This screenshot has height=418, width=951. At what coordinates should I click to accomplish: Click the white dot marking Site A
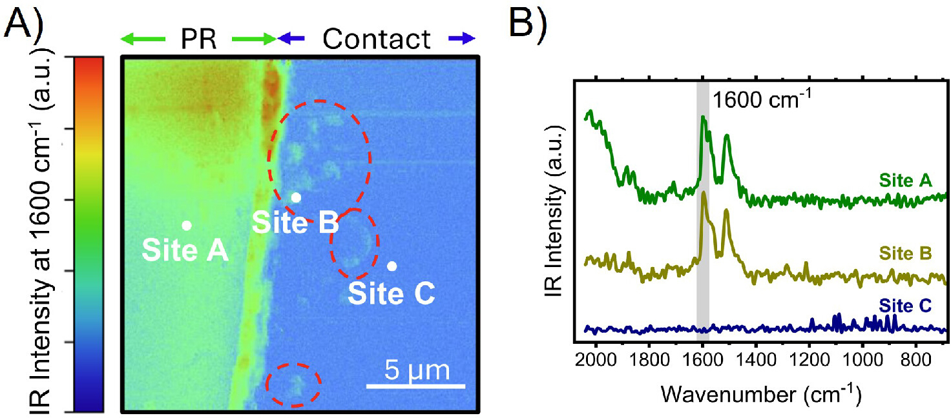click(186, 226)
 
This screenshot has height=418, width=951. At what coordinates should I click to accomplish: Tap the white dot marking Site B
click(296, 197)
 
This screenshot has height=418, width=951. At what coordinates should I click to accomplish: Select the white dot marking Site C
click(392, 266)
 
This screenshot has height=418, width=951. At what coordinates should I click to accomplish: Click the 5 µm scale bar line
click(415, 386)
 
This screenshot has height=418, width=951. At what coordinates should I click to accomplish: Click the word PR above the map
click(198, 39)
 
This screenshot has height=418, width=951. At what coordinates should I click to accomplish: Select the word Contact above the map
click(376, 39)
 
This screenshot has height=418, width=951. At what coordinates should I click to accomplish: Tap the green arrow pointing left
click(143, 39)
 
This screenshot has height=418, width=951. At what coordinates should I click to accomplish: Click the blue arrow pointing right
click(462, 39)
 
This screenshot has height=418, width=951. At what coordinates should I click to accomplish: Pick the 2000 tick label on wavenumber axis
click(596, 359)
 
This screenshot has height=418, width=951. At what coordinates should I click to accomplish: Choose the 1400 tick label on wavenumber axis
click(756, 359)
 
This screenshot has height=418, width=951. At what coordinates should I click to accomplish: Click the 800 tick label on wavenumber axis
click(915, 359)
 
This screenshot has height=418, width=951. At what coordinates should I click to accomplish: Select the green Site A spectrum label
click(905, 181)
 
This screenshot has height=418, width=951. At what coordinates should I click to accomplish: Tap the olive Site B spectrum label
click(905, 254)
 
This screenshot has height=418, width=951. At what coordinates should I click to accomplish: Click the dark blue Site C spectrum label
click(905, 306)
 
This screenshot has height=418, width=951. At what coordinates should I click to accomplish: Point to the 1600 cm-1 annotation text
click(761, 99)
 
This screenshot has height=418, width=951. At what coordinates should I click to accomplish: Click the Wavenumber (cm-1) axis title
click(761, 395)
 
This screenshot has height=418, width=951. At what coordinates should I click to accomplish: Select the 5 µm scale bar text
click(417, 370)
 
